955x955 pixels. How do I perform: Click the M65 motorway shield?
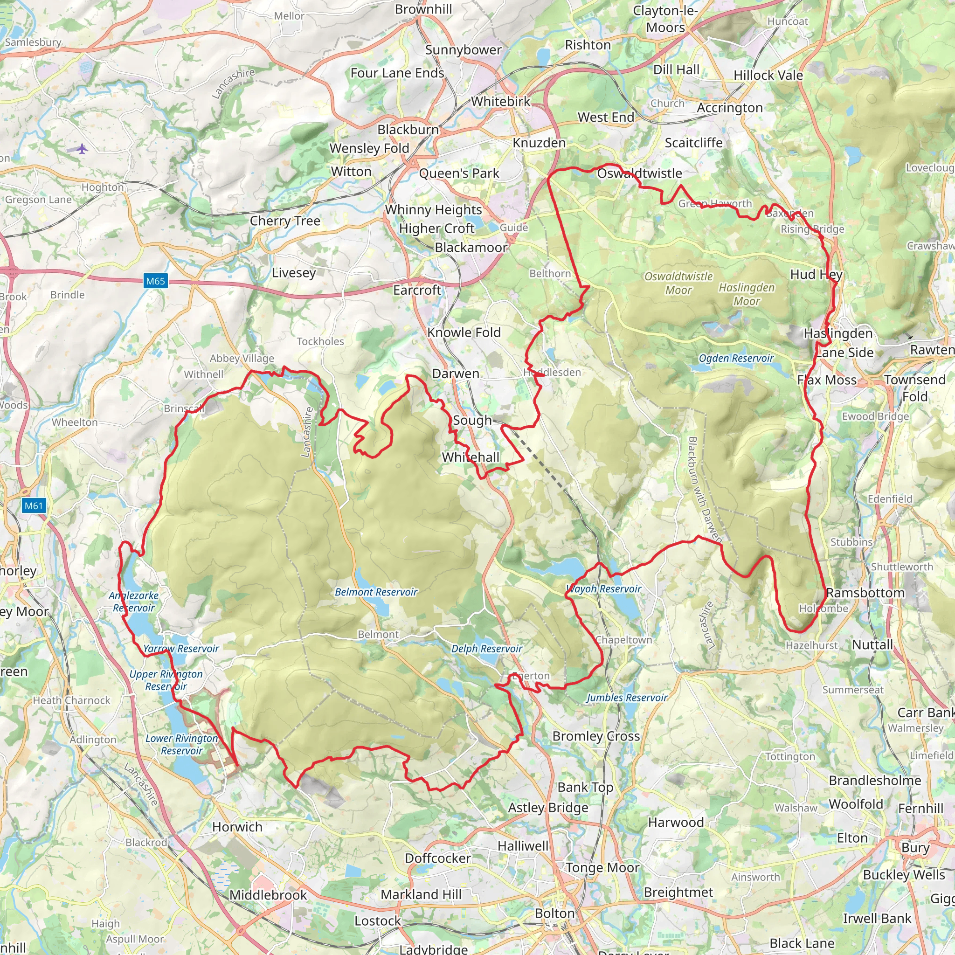[x=155, y=281]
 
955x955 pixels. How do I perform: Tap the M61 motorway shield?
[x=34, y=505]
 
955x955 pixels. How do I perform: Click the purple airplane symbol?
[x=82, y=148]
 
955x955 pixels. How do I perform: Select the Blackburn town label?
[x=408, y=130]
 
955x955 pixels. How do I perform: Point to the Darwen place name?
[x=455, y=374]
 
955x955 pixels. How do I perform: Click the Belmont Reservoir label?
[x=376, y=592]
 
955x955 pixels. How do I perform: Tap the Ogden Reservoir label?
[x=736, y=358]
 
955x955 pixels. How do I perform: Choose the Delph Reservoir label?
[x=486, y=649]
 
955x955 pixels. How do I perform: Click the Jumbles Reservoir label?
[x=627, y=698]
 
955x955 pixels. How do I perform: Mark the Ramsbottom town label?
[x=865, y=593]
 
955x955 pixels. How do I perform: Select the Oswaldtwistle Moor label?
[x=678, y=283]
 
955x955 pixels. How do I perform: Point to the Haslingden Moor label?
[x=747, y=294]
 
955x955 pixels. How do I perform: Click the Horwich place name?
[x=237, y=827]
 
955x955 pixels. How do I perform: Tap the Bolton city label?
[x=554, y=913]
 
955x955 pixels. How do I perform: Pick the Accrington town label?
[x=730, y=108]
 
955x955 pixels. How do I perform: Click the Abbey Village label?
[x=242, y=359]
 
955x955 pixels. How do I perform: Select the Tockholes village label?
[x=320, y=341]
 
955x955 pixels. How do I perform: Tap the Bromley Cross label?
[x=595, y=736]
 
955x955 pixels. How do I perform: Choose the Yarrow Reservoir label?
[x=181, y=649]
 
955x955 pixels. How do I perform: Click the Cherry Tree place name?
[x=285, y=221]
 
